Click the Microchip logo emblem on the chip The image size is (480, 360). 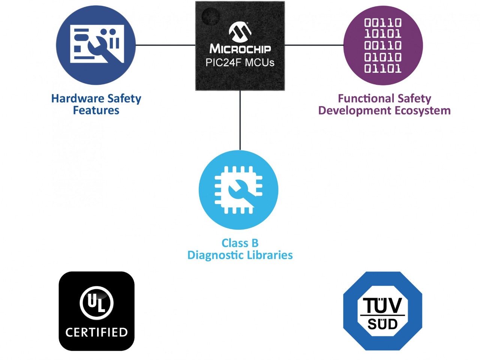tap(240, 31)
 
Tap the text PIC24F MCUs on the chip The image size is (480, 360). tap(240, 63)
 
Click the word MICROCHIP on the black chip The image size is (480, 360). tap(240, 49)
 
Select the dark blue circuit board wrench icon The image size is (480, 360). tap(96, 45)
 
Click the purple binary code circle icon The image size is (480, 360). tap(383, 45)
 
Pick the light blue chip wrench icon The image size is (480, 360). tap(238, 190)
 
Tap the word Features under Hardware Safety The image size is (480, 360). tap(96, 111)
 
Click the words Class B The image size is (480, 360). tap(240, 243)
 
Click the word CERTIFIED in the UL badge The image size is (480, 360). tap(96, 332)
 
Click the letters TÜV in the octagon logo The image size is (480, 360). tap(382, 306)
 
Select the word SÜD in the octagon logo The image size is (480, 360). tap(382, 324)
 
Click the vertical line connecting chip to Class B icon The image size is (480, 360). tap(240, 120)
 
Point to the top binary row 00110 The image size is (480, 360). tap(383, 23)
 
